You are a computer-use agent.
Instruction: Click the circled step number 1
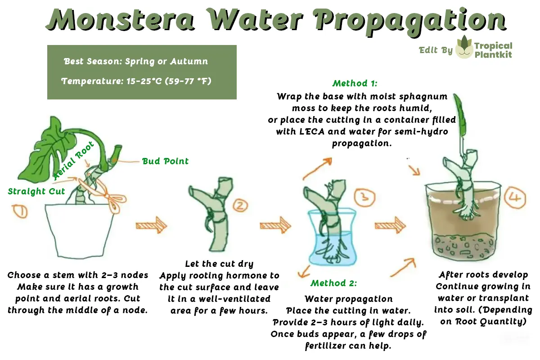[x=20, y=211]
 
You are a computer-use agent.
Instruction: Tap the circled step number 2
[x=239, y=206]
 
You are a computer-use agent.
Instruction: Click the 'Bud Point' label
[x=165, y=161]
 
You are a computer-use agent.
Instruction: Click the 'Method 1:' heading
[x=355, y=83]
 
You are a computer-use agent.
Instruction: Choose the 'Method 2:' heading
[x=333, y=283]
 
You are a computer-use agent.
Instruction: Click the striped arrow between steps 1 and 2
[x=151, y=225]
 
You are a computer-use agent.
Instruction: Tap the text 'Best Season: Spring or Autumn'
[x=136, y=61]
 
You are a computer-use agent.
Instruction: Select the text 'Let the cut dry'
[x=219, y=264]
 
